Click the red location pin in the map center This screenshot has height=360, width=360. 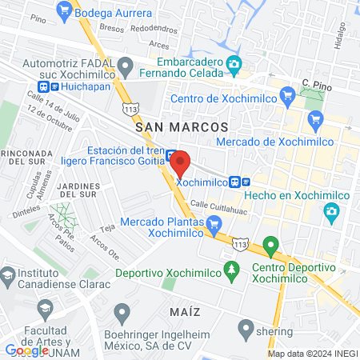pyautogui.click(x=180, y=163)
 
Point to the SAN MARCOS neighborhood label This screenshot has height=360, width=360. pyautogui.click(x=182, y=127)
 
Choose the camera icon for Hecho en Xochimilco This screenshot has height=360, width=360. pyautogui.click(x=332, y=210)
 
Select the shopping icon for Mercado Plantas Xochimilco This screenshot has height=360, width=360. pyautogui.click(x=213, y=225)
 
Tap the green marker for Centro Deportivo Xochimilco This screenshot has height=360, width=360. pyautogui.click(x=270, y=244)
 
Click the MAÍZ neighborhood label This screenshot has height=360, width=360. pyautogui.click(x=184, y=310)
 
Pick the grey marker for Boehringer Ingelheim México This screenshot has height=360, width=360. pyautogui.click(x=122, y=310)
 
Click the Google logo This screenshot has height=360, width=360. pyautogui.click(x=27, y=350)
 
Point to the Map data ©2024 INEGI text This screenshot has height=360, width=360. pyautogui.click(x=311, y=353)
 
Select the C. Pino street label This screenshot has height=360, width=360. pyautogui.click(x=316, y=82)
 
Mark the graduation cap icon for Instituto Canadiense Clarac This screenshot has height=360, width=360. pyautogui.click(x=8, y=275)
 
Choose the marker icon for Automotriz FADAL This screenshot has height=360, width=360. pyautogui.click(x=124, y=64)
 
